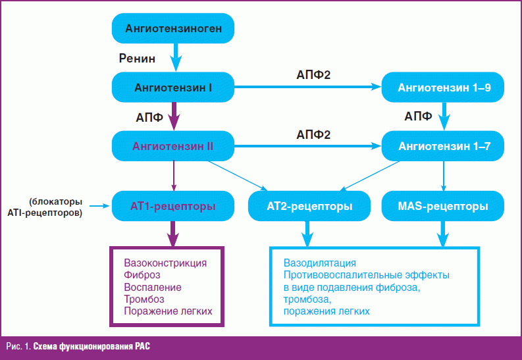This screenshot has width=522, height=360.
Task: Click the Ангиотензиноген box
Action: [174, 28]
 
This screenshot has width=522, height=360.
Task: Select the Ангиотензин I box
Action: [174, 87]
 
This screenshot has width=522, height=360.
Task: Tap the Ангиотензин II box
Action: [174, 146]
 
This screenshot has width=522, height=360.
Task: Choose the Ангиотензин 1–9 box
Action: [444, 87]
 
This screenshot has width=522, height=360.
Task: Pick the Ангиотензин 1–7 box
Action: [444, 146]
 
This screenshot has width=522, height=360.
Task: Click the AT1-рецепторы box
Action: [174, 206]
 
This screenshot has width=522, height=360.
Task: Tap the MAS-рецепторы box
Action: [443, 206]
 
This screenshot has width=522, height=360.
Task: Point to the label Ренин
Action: [137, 59]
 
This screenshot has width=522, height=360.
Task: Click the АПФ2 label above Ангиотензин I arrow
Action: [313, 74]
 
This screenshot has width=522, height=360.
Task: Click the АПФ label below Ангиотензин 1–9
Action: [418, 117]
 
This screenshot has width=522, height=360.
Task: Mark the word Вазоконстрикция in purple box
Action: [161, 263]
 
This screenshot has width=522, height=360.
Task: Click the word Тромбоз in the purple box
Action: [144, 299]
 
